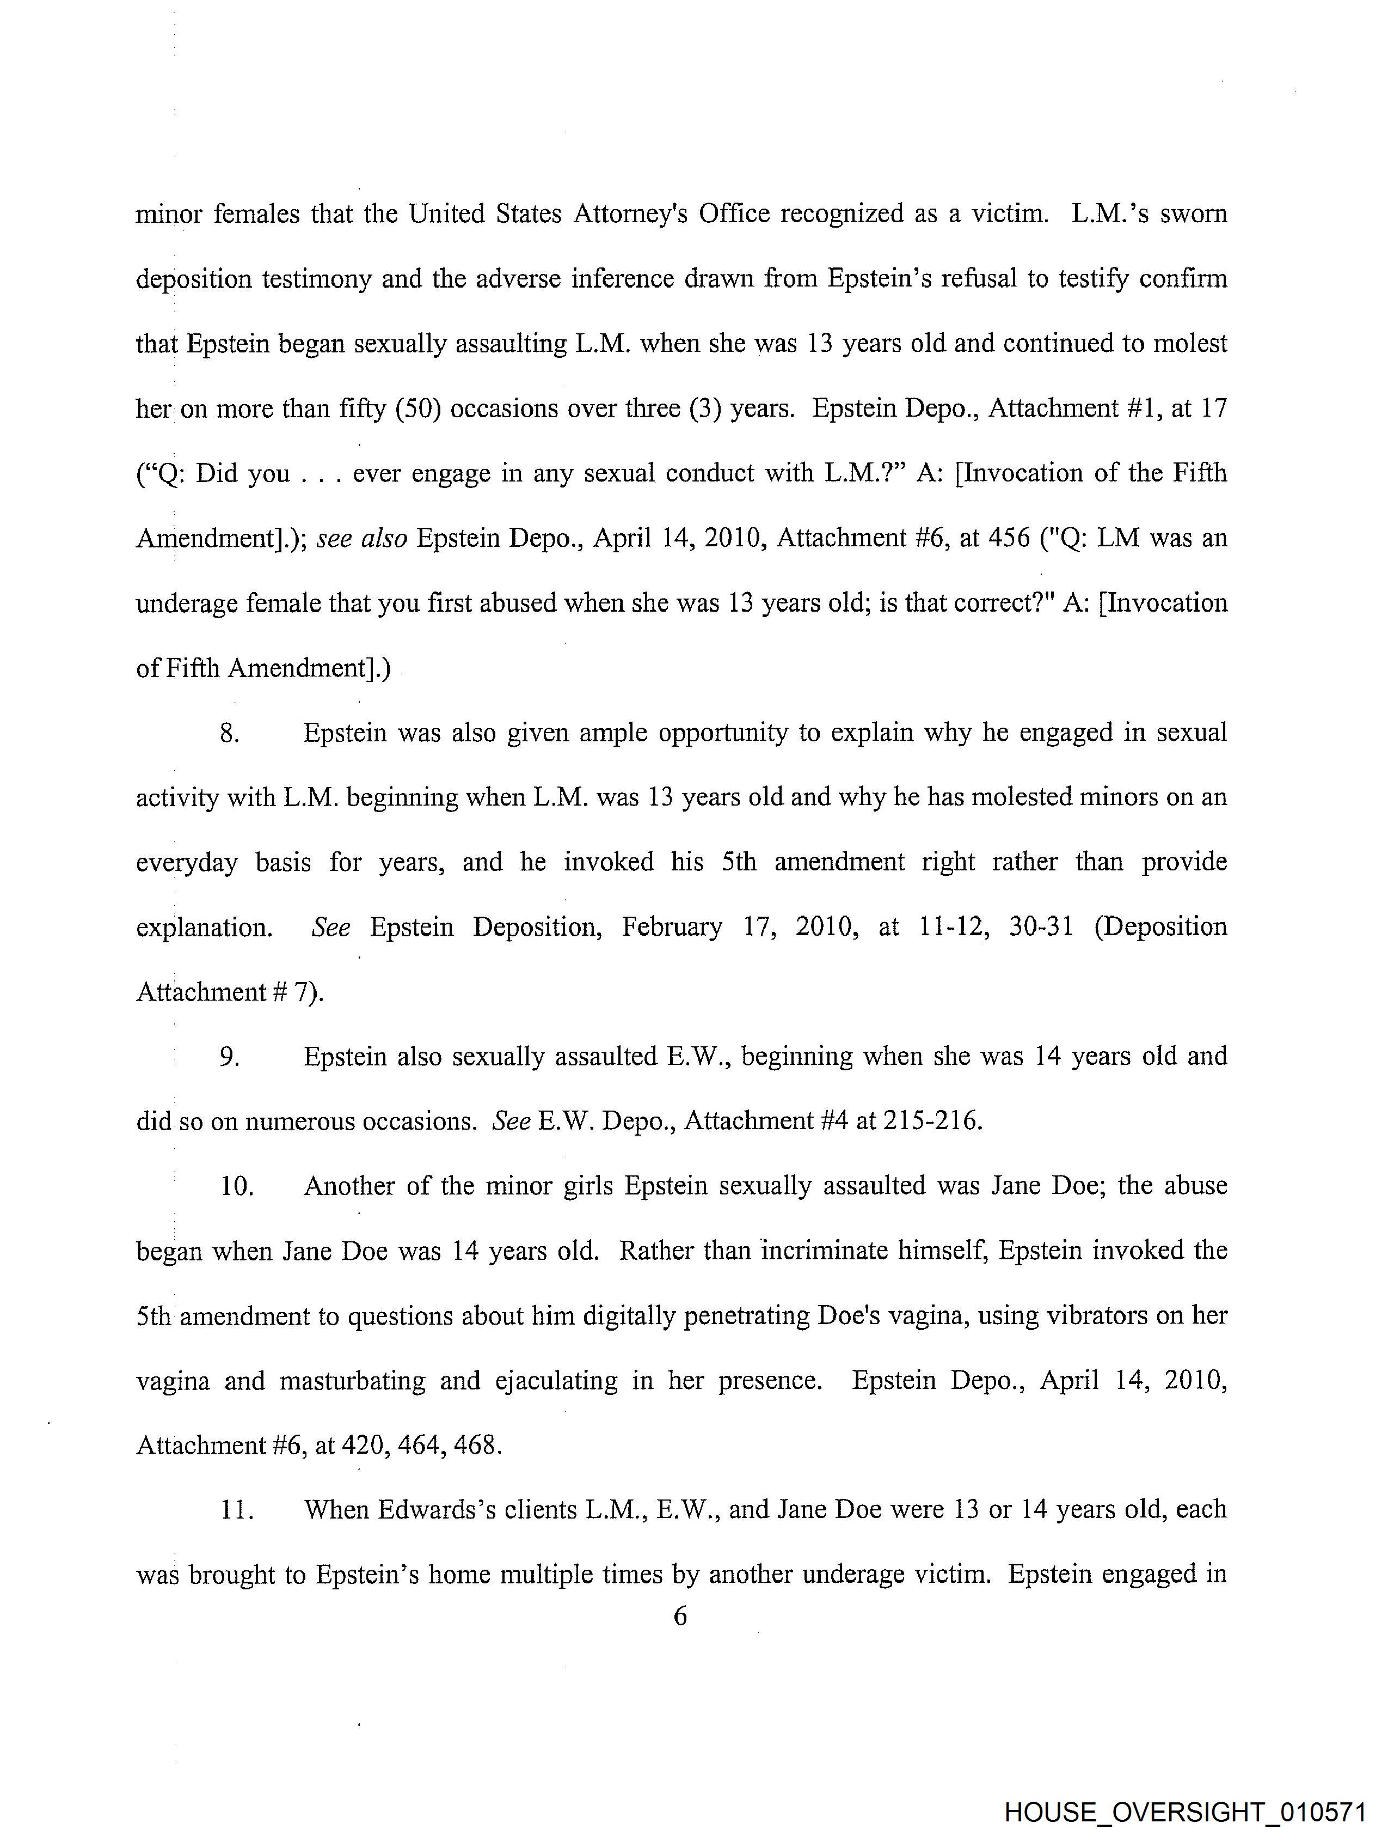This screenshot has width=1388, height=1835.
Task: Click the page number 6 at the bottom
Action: point(680,1616)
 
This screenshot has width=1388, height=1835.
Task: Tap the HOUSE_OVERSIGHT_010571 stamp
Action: point(1184,1811)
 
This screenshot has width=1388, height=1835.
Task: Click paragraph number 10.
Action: point(236,1186)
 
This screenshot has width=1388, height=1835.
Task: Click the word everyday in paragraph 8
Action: point(187,863)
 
